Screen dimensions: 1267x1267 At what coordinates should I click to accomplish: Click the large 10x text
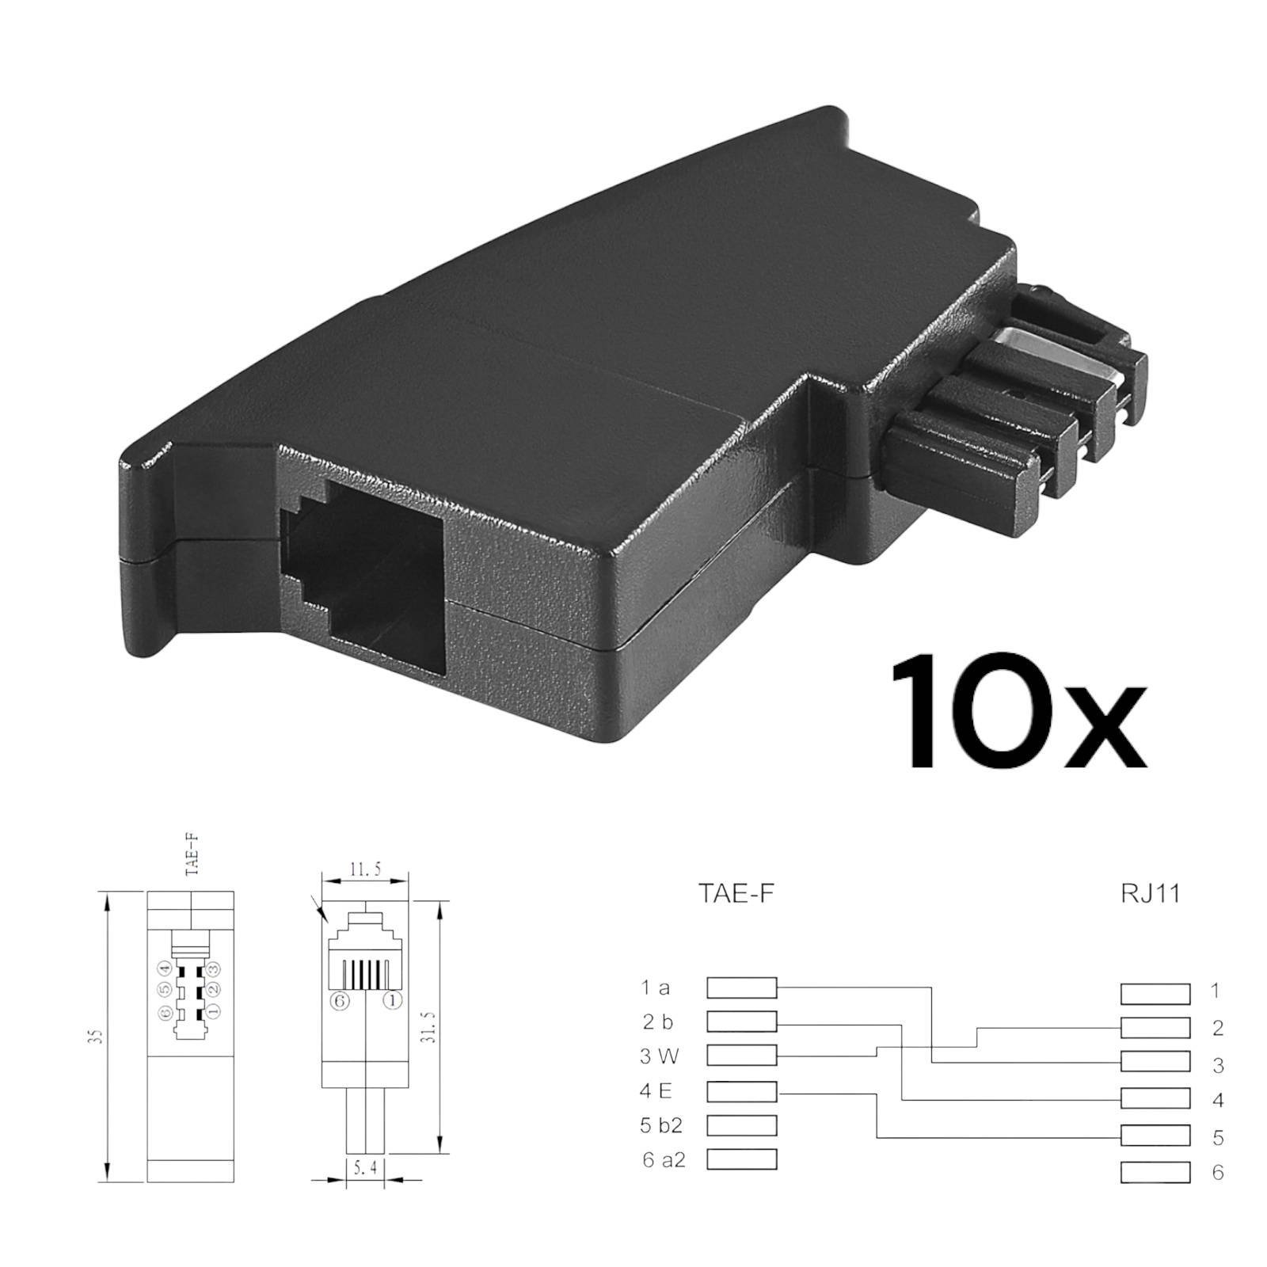(x=1018, y=712)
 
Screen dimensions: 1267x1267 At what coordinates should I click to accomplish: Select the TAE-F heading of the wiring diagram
(x=736, y=893)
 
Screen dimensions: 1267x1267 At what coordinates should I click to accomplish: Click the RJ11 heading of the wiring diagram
(x=1151, y=893)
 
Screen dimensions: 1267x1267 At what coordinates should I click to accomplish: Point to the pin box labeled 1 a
(x=741, y=987)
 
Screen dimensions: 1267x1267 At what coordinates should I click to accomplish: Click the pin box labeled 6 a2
(x=741, y=1159)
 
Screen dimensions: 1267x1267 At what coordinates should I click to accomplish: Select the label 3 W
(x=659, y=1056)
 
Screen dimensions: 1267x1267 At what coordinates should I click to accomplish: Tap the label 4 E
(x=656, y=1091)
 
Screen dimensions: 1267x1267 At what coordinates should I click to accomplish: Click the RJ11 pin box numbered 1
(x=1155, y=993)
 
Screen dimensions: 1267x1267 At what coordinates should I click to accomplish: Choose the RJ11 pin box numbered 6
(x=1155, y=1172)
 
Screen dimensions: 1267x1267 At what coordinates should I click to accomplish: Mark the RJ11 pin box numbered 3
(x=1155, y=1061)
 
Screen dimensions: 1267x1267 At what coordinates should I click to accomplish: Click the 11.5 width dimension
(x=365, y=870)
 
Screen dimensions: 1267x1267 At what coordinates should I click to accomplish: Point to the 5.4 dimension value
(x=364, y=1167)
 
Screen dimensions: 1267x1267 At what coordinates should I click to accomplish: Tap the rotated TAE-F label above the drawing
(x=191, y=854)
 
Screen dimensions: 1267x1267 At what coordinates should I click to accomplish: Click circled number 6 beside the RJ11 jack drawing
(x=340, y=1001)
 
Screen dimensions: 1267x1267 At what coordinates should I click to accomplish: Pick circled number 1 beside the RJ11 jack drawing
(x=392, y=1001)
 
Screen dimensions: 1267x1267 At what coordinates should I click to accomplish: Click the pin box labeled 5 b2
(x=741, y=1125)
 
